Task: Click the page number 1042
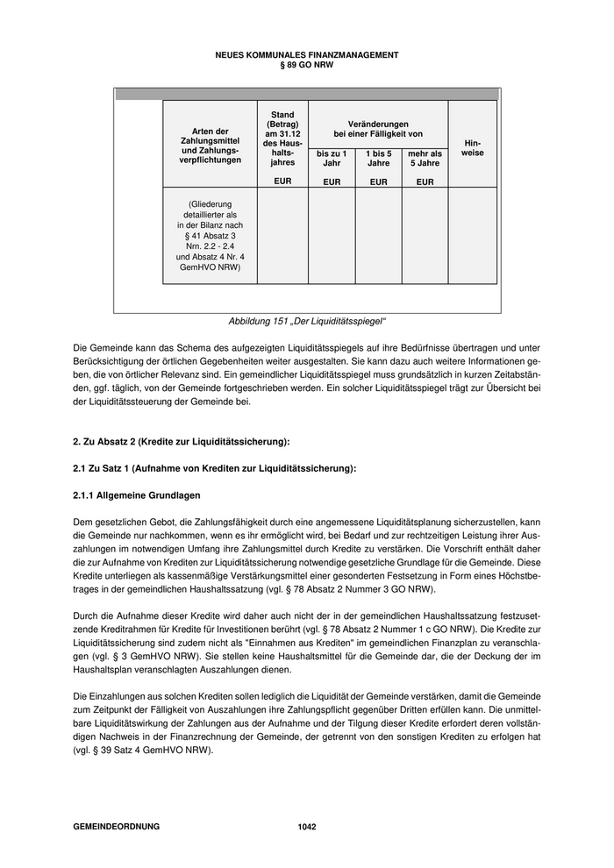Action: click(307, 827)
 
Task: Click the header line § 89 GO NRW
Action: click(307, 64)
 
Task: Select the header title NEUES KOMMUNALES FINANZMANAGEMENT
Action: click(307, 55)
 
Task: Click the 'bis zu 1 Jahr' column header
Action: click(332, 159)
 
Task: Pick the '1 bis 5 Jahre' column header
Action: click(378, 159)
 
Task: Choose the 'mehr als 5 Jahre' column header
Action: click(425, 159)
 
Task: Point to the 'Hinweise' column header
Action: click(472, 147)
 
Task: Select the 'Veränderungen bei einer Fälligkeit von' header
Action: click(378, 129)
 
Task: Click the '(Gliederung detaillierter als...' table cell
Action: click(210, 236)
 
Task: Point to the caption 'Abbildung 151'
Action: click(307, 322)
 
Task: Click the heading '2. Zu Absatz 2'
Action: click(181, 440)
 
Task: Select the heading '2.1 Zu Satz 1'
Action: click(214, 468)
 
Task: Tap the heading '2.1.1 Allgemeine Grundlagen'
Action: click(136, 496)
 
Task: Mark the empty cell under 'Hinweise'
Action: click(472, 236)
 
